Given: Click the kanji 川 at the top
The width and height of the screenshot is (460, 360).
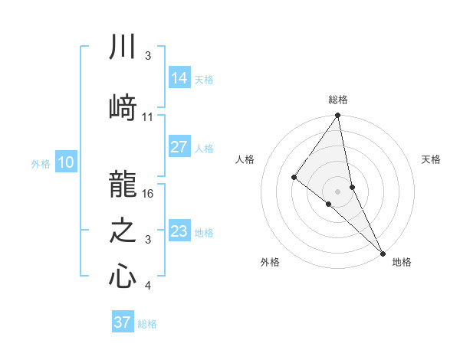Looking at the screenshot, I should tap(123, 47).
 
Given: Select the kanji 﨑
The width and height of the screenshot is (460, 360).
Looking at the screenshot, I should tap(123, 108).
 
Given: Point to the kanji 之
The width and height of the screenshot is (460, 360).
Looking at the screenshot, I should tap(123, 232).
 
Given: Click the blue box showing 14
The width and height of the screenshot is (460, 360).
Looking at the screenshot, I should tap(179, 78).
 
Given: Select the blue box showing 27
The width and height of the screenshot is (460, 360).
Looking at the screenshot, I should tap(179, 147).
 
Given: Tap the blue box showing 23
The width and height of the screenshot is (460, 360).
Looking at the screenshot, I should tap(179, 231).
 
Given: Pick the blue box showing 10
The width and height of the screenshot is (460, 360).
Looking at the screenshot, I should tap(66, 162).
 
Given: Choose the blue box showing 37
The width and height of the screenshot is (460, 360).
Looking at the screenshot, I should tap(123, 322).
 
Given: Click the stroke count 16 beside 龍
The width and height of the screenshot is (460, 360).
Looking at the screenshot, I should tap(149, 194).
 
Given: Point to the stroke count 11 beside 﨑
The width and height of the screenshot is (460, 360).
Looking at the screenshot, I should tap(148, 117).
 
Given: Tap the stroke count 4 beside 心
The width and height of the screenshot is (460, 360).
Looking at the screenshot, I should tap(148, 286).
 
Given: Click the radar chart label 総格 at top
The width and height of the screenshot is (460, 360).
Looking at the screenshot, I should tap(338, 100).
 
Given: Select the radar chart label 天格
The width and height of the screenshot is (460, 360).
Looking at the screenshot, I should tap(432, 159).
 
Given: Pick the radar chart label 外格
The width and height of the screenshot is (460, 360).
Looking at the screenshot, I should tap(270, 263).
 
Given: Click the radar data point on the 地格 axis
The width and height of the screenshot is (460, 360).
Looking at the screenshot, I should tap(382, 252).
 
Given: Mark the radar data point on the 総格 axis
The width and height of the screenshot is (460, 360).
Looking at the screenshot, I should tap(337, 116).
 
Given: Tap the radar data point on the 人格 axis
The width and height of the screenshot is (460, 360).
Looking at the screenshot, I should tap(294, 177).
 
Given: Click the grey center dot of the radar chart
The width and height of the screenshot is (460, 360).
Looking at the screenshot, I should tap(337, 191).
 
